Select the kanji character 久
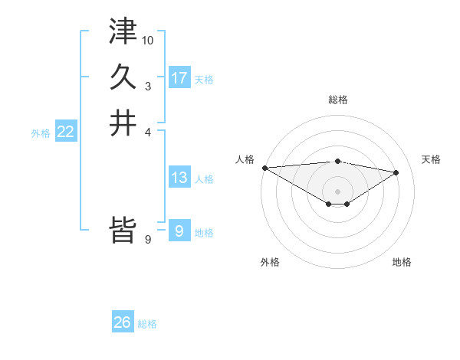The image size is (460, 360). [123, 77]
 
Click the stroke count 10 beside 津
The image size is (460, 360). [148, 40]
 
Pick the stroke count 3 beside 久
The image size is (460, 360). [148, 86]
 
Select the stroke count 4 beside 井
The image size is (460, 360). [148, 132]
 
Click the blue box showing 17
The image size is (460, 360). [179, 78]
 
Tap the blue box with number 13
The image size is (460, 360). [179, 178]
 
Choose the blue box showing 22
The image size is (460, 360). [66, 133]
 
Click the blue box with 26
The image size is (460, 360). [123, 322]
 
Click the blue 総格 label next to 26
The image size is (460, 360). [147, 324]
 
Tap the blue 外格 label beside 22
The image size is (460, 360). [41, 133]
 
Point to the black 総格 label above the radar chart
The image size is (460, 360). [337, 100]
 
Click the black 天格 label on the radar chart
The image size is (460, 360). [431, 159]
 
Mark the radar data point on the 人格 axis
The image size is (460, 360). [264, 168]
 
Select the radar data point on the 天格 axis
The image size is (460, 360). [396, 172]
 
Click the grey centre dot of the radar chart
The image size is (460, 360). [337, 191]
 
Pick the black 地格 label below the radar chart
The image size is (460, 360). [402, 262]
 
